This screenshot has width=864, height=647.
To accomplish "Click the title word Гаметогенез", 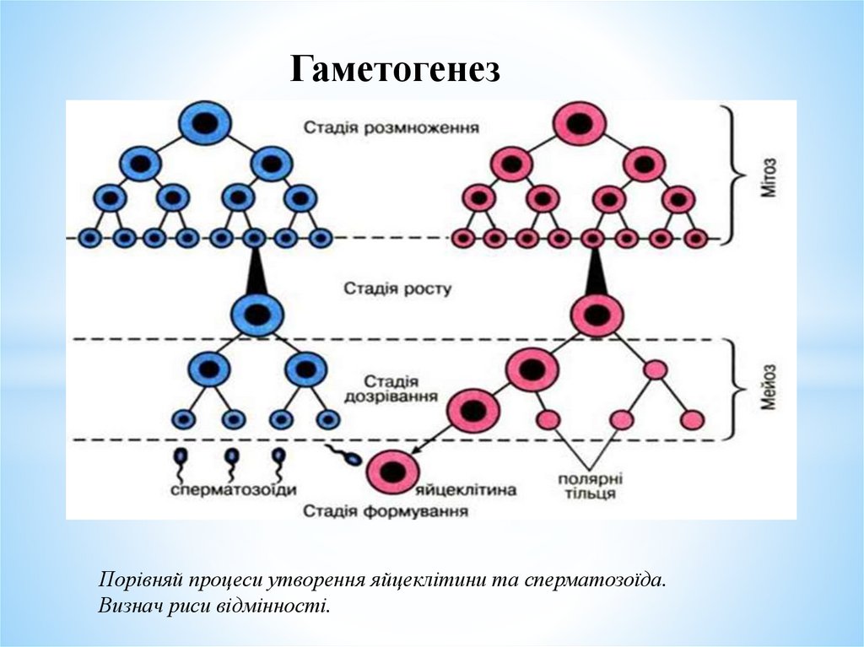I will pos(395,70).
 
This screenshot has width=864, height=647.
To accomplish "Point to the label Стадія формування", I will pos(386,511).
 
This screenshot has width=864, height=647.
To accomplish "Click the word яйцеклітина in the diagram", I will pos(467,490).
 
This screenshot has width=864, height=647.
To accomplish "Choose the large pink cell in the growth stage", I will pos(596,316).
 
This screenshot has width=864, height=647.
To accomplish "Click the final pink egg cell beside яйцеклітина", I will pos(391,472).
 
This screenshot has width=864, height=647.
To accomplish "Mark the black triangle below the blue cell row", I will pos(256,271).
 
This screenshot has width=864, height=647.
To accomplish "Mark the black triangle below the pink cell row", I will pos(596,272).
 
